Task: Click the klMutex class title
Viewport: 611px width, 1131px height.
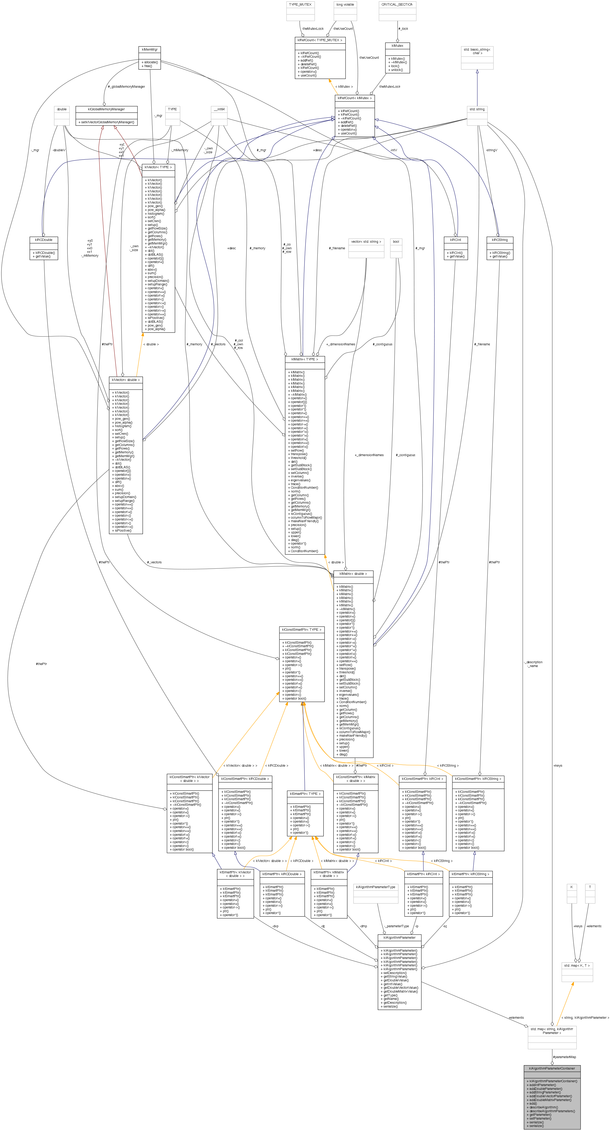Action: (397, 46)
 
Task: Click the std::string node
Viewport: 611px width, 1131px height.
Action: (477, 109)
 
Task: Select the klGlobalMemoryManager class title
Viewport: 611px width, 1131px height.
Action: (106, 109)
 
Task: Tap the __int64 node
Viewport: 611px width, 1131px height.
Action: (219, 109)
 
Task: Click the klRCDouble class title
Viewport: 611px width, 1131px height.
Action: (43, 240)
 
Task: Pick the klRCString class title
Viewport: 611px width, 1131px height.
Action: (500, 240)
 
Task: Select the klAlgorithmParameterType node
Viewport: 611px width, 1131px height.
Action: (376, 887)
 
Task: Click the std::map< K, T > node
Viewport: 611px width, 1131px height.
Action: (577, 966)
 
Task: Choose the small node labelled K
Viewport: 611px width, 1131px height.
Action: (571, 887)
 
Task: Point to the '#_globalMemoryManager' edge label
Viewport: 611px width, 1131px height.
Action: (127, 86)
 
